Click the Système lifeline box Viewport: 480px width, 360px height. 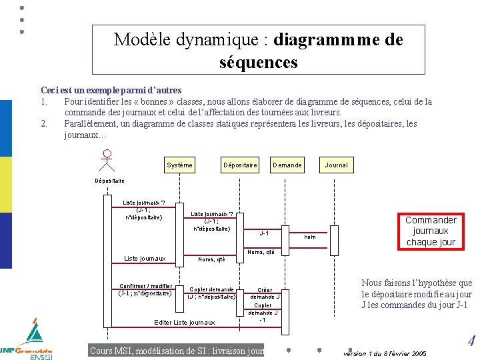179,165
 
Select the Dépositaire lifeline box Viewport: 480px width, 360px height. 240,165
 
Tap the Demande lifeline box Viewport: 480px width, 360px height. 287,165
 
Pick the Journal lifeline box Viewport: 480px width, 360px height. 336,165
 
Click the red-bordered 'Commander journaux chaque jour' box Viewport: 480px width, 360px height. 431,231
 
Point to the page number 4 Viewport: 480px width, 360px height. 471,342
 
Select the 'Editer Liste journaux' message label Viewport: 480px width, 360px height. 185,323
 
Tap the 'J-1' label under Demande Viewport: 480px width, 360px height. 264,233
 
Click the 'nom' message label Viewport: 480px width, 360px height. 310,237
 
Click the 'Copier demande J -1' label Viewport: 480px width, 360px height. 263,312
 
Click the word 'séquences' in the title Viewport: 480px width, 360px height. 259,63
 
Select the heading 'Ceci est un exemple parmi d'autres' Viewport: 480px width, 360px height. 111,90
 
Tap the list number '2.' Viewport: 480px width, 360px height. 44,123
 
